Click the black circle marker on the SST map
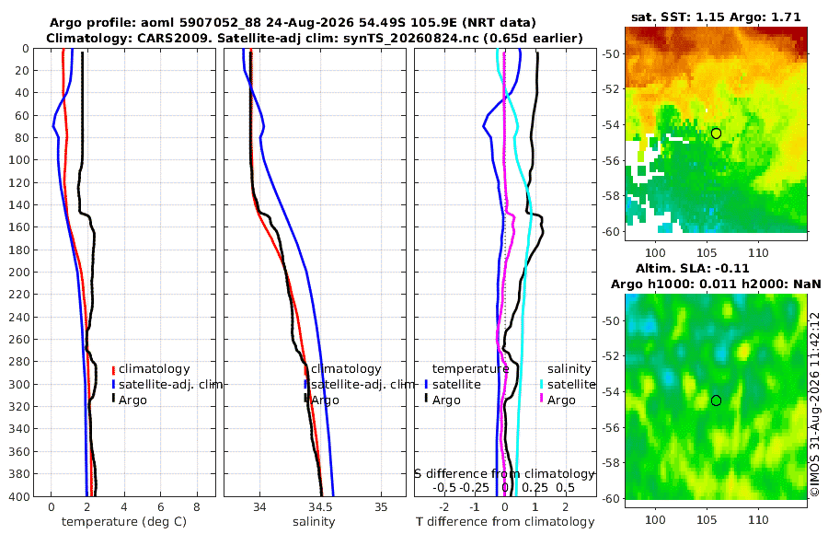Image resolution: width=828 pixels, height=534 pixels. coord(716,133)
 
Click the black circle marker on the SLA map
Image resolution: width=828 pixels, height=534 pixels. coord(716,400)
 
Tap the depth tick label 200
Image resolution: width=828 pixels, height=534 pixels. coord(18,272)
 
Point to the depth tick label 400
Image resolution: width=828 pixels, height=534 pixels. coord(18,496)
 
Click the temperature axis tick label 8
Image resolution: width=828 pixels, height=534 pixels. coord(197,507)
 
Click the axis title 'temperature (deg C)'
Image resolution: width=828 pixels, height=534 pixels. coord(124,522)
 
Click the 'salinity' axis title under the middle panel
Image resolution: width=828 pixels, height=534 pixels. coord(315,522)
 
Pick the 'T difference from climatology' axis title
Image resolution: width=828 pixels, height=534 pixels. coord(505,522)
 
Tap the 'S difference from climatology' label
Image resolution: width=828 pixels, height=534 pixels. coord(504,474)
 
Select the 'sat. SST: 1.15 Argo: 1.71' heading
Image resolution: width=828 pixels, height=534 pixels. coord(716,17)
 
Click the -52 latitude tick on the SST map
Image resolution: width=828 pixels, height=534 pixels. coord(612,89)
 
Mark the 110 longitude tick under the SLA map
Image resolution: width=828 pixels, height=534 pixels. coord(759,519)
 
